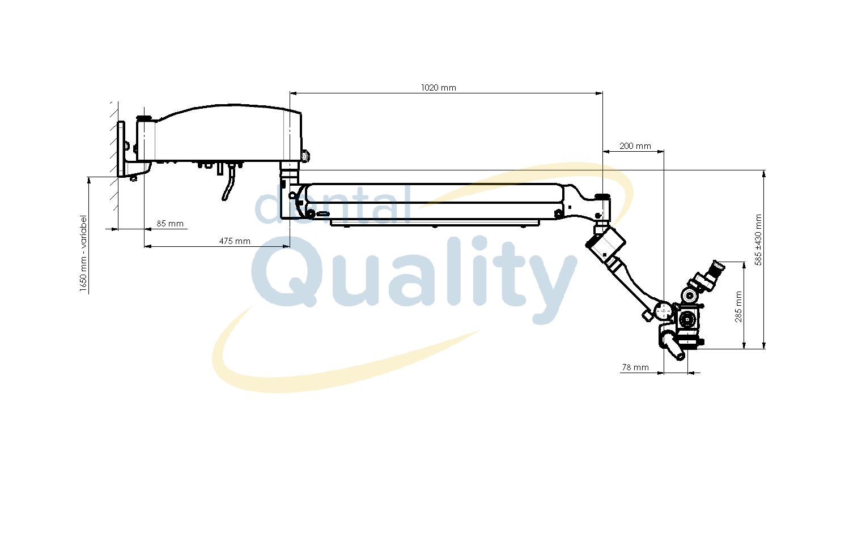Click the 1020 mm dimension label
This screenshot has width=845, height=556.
point(438,88)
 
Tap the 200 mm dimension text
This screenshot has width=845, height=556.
point(635,146)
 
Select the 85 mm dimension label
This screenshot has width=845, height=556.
point(170,224)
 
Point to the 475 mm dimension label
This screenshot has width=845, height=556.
point(235,241)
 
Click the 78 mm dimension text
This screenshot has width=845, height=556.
point(635,367)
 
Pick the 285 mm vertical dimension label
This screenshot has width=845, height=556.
point(738,306)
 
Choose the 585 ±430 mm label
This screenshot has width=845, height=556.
point(758,239)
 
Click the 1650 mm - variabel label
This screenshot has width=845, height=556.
point(83,253)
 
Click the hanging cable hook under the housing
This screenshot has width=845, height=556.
point(228,183)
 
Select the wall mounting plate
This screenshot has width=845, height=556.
point(121,149)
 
